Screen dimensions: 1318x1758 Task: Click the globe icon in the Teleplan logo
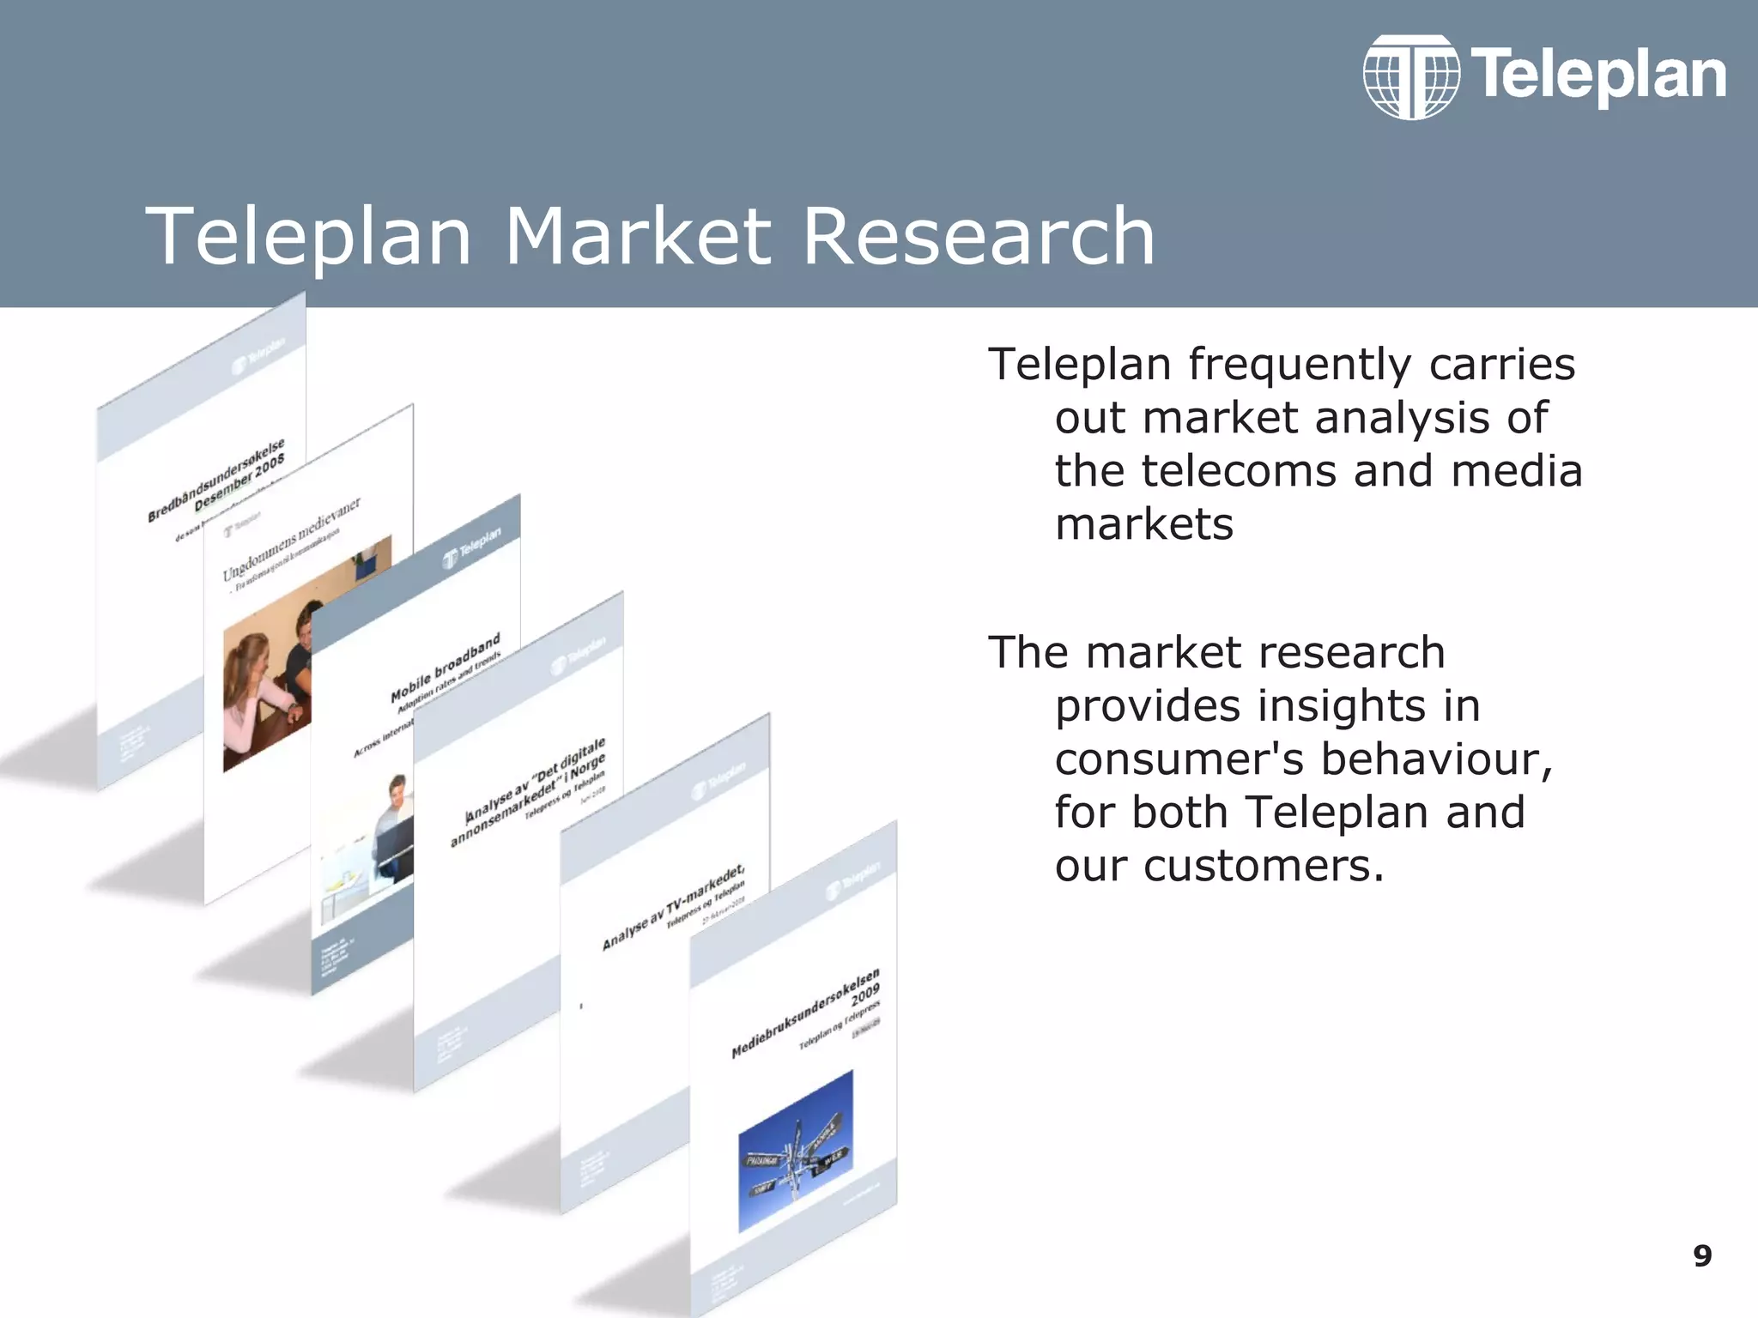coord(1411,77)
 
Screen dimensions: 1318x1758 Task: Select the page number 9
coord(1702,1256)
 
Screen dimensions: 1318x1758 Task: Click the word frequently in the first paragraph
coord(1300,365)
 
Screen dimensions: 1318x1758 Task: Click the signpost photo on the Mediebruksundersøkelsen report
coord(796,1150)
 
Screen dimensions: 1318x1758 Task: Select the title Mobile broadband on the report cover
coord(446,669)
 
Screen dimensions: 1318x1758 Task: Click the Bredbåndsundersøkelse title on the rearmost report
coord(216,481)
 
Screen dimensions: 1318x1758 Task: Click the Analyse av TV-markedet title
coord(673,908)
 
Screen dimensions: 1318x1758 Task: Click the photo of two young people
coord(266,678)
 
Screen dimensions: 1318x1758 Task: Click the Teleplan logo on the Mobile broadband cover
coord(471,548)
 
